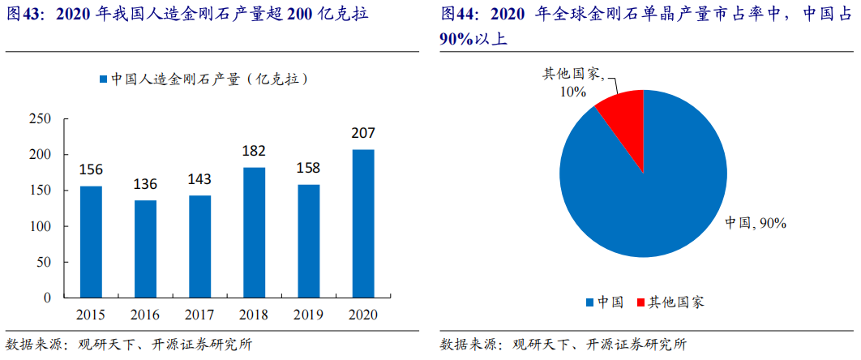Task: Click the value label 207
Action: [363, 134]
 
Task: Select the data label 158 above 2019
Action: [309, 169]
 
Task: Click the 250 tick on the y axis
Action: [40, 119]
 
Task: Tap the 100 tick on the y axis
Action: [40, 226]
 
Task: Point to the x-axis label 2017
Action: [199, 314]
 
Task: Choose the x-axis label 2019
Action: [309, 314]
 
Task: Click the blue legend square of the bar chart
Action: [103, 79]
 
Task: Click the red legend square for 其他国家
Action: [640, 302]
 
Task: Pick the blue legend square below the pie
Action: [589, 302]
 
